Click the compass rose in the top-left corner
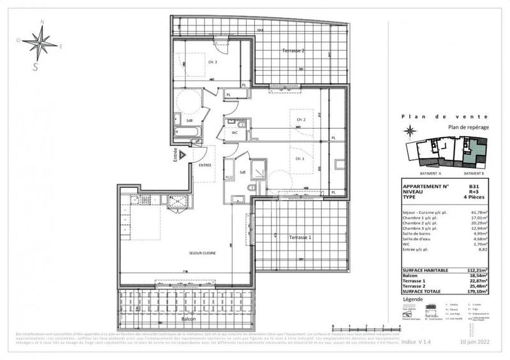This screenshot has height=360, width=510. [40, 44]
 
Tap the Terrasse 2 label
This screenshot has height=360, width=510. [293, 50]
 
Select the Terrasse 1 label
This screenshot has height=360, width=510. [300, 237]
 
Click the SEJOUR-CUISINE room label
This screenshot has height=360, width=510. [202, 253]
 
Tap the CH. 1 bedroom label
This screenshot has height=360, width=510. [299, 158]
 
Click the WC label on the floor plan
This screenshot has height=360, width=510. [235, 133]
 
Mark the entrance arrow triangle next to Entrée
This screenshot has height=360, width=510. [182, 155]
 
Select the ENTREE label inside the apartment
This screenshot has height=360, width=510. [205, 165]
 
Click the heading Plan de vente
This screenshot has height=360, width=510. [445, 116]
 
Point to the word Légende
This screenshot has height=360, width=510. [412, 298]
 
